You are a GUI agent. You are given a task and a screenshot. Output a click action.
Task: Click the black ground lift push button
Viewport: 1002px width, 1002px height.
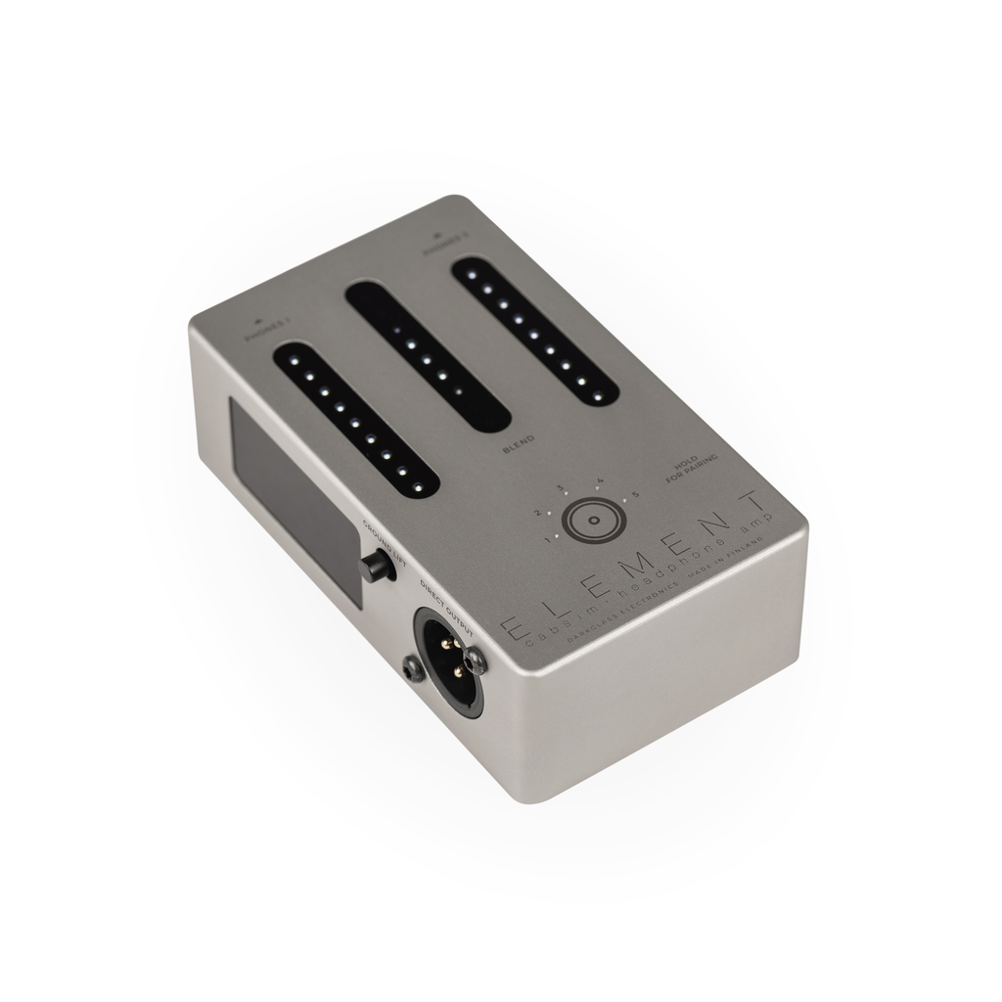coord(374,566)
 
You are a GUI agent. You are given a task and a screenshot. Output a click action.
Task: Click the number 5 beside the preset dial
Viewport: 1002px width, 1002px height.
coord(636,495)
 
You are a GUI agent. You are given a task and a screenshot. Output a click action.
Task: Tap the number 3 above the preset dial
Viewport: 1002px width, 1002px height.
coord(561,487)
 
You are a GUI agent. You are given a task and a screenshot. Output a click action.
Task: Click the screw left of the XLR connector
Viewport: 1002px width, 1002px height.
coord(412,670)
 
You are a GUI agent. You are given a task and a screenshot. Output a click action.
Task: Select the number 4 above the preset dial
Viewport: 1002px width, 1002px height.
coord(600,479)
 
